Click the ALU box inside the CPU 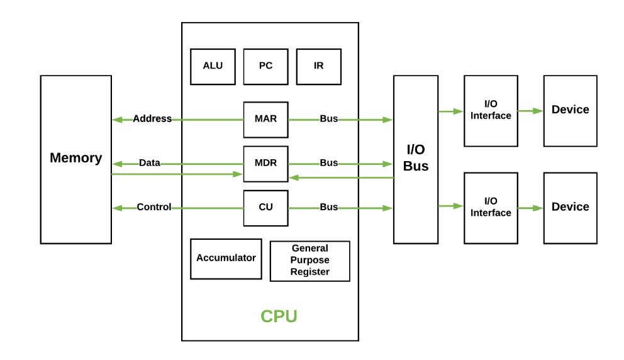point(213,66)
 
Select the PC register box point(265,66)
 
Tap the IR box point(318,66)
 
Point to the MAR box point(265,119)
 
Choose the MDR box point(265,163)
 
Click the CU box point(265,207)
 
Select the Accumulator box point(226,258)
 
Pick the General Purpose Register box point(310,260)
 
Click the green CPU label point(279,316)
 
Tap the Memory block point(75,159)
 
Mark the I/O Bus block point(416,159)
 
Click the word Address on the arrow point(152,119)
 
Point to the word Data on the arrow point(149,163)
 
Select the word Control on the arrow point(153,207)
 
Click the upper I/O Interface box point(491,110)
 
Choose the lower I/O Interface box point(491,208)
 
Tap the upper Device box point(570,110)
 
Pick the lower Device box point(570,208)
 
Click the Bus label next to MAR point(329,119)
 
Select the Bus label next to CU point(329,207)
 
